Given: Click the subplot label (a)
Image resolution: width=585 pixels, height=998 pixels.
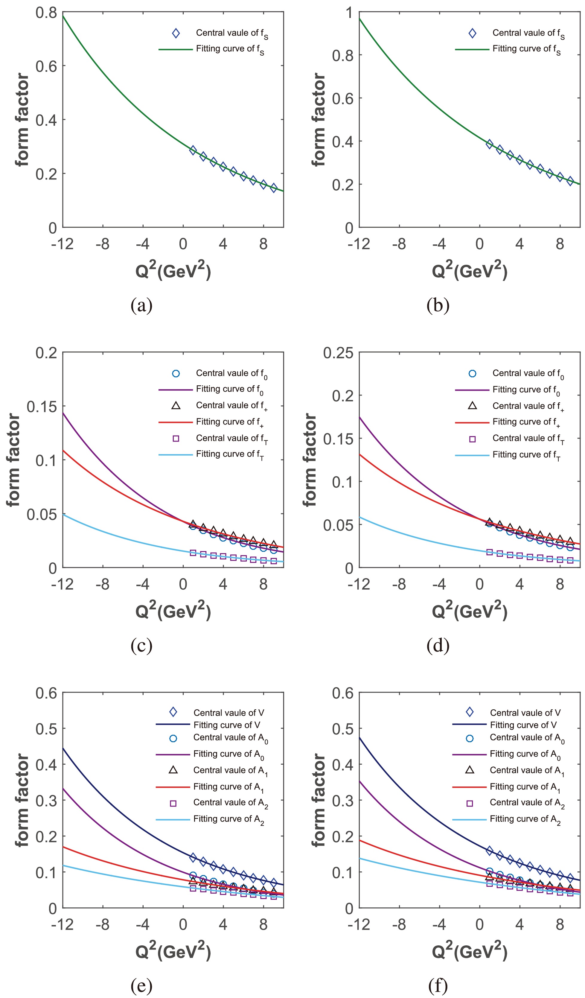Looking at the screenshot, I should pyautogui.click(x=141, y=305).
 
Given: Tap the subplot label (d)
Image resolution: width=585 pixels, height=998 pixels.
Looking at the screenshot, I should pyautogui.click(x=438, y=646).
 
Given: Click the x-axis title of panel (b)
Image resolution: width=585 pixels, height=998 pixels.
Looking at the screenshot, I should pyautogui.click(x=470, y=270).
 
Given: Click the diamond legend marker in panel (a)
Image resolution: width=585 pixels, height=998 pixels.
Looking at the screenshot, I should pyautogui.click(x=176, y=34).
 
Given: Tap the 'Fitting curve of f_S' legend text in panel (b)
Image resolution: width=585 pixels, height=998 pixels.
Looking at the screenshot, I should pyautogui.click(x=526, y=49).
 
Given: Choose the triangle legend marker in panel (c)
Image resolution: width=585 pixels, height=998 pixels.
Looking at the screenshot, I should pyautogui.click(x=176, y=406).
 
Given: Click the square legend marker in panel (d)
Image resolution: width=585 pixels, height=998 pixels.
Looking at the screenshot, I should pyautogui.click(x=472, y=439).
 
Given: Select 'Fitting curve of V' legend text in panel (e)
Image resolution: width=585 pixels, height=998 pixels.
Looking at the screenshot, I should pyautogui.click(x=227, y=725).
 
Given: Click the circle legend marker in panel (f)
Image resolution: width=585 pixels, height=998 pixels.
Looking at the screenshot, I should pyautogui.click(x=470, y=738).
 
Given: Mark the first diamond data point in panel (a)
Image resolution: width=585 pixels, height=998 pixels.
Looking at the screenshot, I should pyautogui.click(x=193, y=150).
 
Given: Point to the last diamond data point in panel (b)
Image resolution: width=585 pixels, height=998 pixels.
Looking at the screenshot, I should pyautogui.click(x=570, y=181).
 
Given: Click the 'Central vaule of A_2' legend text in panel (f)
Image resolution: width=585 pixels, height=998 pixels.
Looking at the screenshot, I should pyautogui.click(x=527, y=803).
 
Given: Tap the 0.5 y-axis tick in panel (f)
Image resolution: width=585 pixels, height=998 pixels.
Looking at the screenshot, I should pyautogui.click(x=342, y=728).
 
